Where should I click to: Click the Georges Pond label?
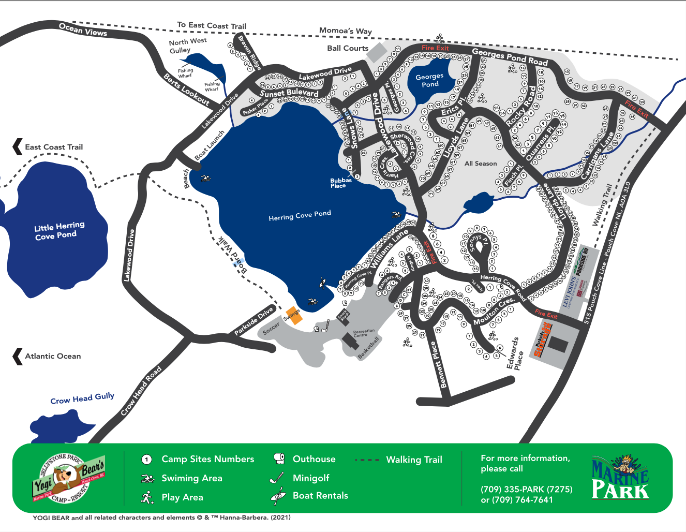click(429, 80)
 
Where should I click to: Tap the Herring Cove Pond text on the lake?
click(300, 215)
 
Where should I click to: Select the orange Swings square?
click(293, 315)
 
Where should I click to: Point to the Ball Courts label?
click(348, 48)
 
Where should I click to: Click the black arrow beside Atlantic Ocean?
click(18, 356)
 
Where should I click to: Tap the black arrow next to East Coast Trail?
click(18, 147)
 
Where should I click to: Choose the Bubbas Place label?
click(341, 183)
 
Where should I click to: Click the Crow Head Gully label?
click(82, 398)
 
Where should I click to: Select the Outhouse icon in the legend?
click(279, 459)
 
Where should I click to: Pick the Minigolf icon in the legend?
click(277, 478)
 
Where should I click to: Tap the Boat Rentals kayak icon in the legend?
click(278, 496)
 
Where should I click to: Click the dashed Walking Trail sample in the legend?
click(367, 460)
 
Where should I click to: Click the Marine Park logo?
click(620, 477)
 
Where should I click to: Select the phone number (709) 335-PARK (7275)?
click(526, 489)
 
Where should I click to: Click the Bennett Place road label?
click(439, 365)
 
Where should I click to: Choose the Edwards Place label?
click(515, 354)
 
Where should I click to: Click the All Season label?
click(480, 164)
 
